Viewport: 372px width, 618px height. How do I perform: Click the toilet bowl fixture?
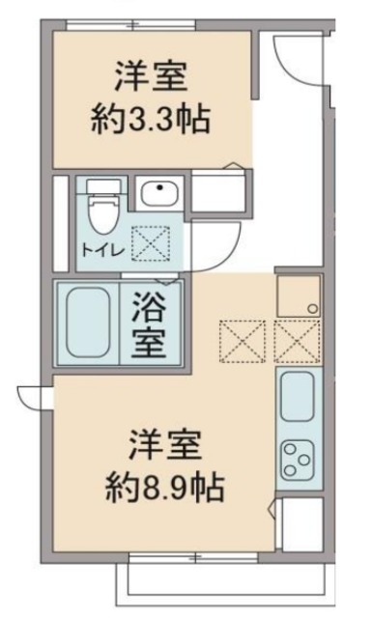[x=99, y=204]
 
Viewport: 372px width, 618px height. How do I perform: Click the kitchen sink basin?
[x=297, y=398]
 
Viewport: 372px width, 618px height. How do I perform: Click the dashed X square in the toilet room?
[x=150, y=242]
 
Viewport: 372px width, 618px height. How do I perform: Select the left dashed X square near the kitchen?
[x=241, y=338]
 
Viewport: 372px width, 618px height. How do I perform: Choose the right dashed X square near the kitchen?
[x=296, y=338]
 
